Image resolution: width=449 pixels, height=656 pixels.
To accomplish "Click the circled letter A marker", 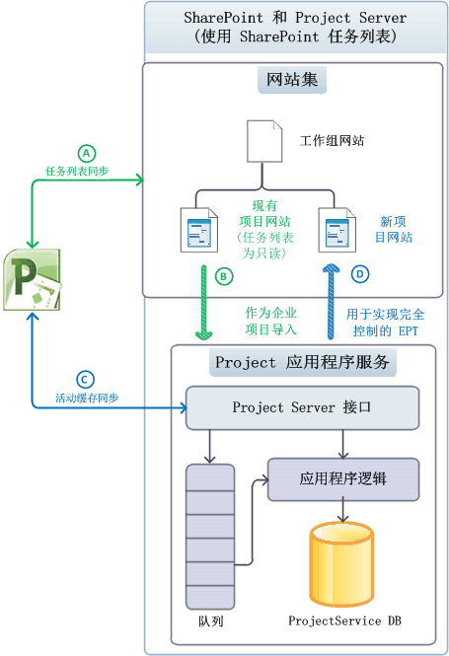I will tap(87, 153).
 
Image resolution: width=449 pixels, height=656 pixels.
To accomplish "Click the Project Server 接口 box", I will tap(303, 406).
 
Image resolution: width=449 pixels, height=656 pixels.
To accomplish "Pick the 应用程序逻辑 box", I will tap(343, 479).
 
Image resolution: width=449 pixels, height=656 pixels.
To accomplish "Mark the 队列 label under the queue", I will tap(210, 623).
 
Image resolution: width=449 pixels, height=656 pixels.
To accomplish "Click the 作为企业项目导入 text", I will tap(271, 322).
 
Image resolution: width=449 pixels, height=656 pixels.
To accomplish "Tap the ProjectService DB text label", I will tap(344, 620).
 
